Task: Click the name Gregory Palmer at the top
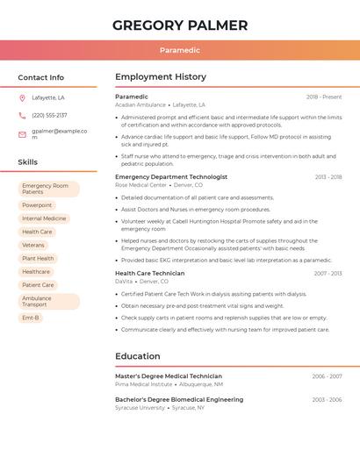(x=180, y=25)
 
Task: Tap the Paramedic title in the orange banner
(x=180, y=51)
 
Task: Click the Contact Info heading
(x=40, y=77)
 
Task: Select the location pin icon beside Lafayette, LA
(x=22, y=97)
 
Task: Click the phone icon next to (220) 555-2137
(x=22, y=115)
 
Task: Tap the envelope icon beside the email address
(x=22, y=134)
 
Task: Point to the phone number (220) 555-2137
(x=49, y=115)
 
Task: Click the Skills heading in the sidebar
(x=28, y=162)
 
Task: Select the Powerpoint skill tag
(x=37, y=205)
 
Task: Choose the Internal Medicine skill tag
(x=44, y=218)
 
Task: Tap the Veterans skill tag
(x=33, y=245)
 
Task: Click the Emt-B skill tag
(x=31, y=318)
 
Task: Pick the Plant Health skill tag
(x=38, y=258)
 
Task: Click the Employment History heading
(x=161, y=77)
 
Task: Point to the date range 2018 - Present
(x=324, y=97)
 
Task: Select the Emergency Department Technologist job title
(x=171, y=176)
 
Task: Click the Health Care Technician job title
(x=150, y=273)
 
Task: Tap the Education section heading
(x=138, y=356)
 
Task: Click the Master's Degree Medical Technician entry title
(x=169, y=376)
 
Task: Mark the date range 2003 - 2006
(x=327, y=399)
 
